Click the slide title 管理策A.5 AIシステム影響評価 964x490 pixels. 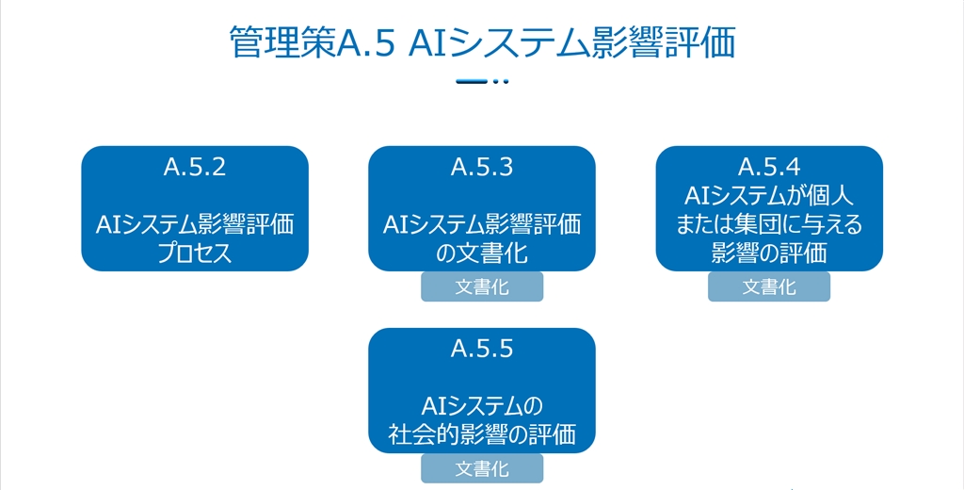click(482, 42)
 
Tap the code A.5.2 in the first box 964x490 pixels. click(195, 167)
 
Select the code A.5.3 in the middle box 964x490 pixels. click(482, 167)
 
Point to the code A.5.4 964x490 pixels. click(769, 167)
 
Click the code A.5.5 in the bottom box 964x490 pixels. click(482, 349)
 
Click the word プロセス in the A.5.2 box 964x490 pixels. click(195, 253)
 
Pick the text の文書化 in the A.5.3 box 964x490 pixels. click(482, 253)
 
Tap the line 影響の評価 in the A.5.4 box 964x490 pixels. click(769, 253)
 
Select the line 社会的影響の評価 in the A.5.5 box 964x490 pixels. click(482, 434)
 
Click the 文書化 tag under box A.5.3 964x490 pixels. click(482, 286)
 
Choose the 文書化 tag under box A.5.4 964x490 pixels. click(769, 286)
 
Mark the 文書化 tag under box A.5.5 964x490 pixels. click(482, 469)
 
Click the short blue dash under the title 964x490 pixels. click(472, 81)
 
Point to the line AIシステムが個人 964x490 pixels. click(769, 196)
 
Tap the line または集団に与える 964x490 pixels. click(769, 224)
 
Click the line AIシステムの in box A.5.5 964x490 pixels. click(482, 406)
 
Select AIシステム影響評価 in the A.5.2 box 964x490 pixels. click(195, 224)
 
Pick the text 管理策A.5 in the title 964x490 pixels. click(313, 42)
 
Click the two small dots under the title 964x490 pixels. click(501, 81)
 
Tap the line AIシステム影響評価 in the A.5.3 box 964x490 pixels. click(482, 224)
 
